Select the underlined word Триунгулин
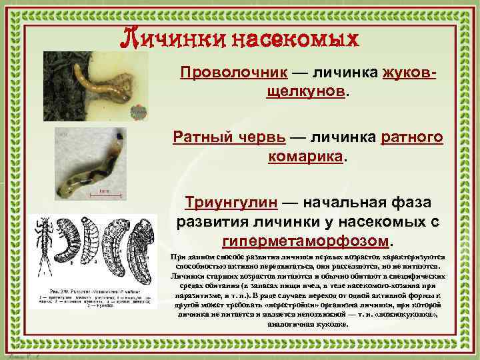224,202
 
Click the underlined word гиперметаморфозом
307,239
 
